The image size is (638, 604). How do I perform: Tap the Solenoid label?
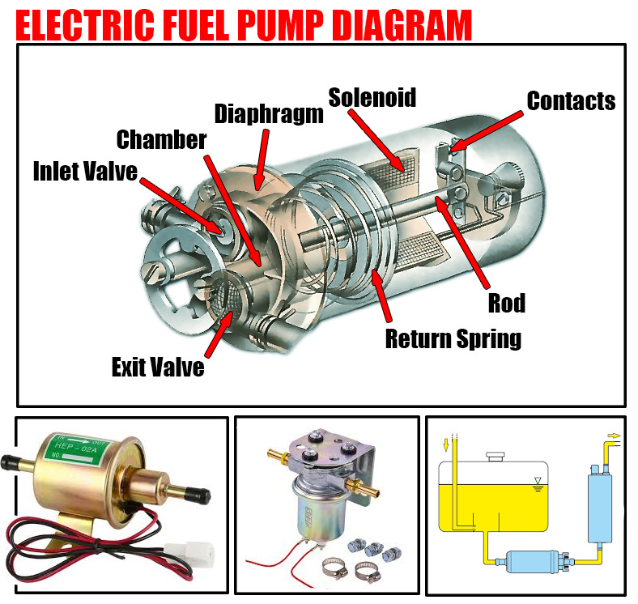[372, 97]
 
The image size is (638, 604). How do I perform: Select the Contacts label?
[571, 101]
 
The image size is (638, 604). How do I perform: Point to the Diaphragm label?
[269, 113]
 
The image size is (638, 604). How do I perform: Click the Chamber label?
[162, 139]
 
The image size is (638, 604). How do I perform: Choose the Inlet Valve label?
[85, 171]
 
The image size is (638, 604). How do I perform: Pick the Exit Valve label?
[158, 367]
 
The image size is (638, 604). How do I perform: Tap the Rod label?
[507, 303]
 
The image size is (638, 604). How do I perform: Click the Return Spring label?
[453, 338]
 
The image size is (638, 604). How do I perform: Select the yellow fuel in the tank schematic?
[494, 502]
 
